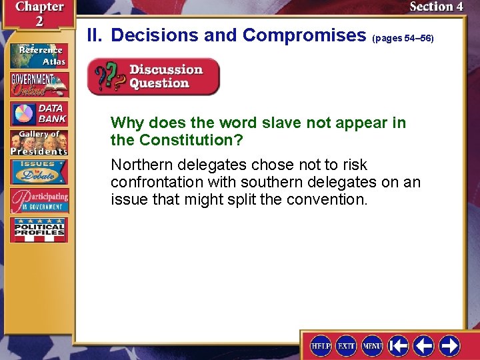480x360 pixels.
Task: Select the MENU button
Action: point(372,345)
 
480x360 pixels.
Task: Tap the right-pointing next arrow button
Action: point(449,345)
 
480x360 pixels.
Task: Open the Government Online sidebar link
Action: point(38,84)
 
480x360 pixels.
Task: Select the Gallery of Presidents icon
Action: point(38,143)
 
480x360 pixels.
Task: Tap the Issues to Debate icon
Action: point(38,172)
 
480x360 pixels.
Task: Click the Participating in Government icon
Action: point(38,201)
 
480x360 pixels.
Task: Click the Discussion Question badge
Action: point(153,77)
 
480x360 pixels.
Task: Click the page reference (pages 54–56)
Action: point(404,39)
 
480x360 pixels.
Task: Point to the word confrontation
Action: point(156,182)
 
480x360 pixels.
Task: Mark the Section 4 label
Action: point(436,7)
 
